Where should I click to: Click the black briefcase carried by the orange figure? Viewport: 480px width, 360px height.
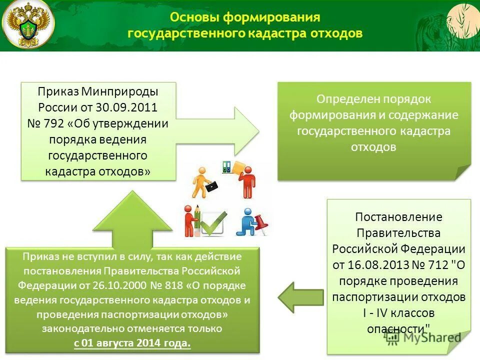212,185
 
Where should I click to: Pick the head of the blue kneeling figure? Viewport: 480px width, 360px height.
246,212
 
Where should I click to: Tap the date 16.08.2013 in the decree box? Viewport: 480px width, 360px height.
369,265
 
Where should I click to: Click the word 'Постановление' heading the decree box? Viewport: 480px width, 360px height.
398,217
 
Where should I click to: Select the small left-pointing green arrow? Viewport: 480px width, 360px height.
300,297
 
